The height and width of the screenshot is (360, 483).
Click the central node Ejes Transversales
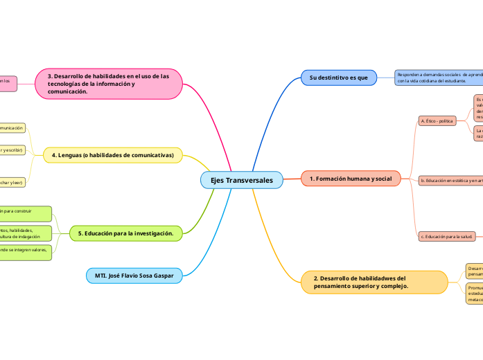[241, 180]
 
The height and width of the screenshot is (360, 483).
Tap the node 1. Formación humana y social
[351, 179]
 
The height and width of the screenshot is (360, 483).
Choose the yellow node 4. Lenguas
[112, 155]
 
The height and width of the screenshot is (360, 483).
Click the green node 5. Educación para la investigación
[125, 233]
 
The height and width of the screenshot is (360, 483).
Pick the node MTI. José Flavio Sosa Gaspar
[134, 275]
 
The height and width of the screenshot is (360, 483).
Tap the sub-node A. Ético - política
[437, 120]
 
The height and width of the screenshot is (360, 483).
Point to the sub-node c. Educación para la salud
[447, 237]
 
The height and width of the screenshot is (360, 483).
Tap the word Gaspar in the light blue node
[161, 275]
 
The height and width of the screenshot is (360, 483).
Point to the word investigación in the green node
[152, 233]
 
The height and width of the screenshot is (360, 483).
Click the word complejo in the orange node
[394, 286]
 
